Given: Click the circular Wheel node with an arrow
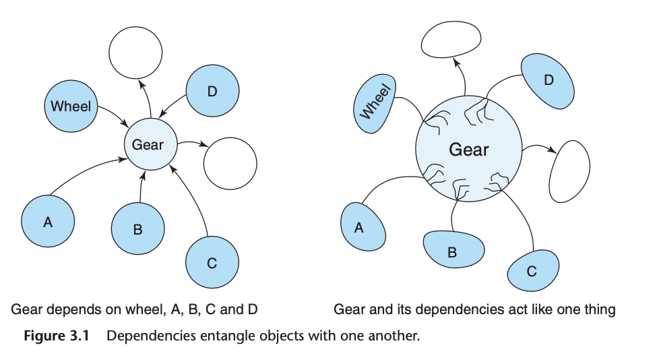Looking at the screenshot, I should coord(71,106).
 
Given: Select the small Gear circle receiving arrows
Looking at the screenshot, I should coord(148,144).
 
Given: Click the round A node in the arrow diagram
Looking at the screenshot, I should coord(48,221).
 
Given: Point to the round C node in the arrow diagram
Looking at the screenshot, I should coord(212,262).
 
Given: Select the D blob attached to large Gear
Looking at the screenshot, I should coord(548,81).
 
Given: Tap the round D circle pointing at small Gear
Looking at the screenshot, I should coord(212,91).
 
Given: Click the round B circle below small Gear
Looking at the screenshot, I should coord(137,229).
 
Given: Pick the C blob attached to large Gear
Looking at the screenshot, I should coord(532,271).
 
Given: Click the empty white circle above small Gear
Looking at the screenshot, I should coord(135,52).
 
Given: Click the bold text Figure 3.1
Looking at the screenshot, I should coord(56,335).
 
